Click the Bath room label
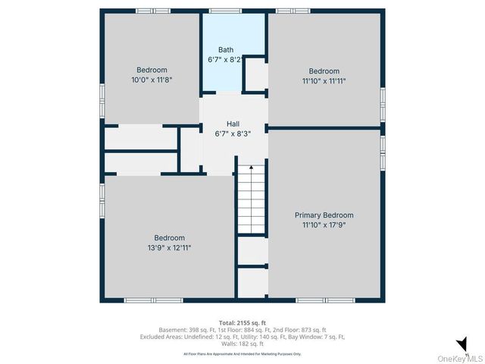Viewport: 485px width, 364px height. [226, 50]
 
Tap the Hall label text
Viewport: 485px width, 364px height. [233, 124]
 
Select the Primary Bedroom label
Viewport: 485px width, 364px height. [324, 215]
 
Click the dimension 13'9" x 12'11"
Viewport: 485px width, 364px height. [170, 247]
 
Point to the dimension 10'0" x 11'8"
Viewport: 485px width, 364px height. [152, 79]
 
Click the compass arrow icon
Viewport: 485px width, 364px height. [460, 343]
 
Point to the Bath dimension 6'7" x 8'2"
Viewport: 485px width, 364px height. [226, 59]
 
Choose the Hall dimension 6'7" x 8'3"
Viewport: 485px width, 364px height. [233, 133]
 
